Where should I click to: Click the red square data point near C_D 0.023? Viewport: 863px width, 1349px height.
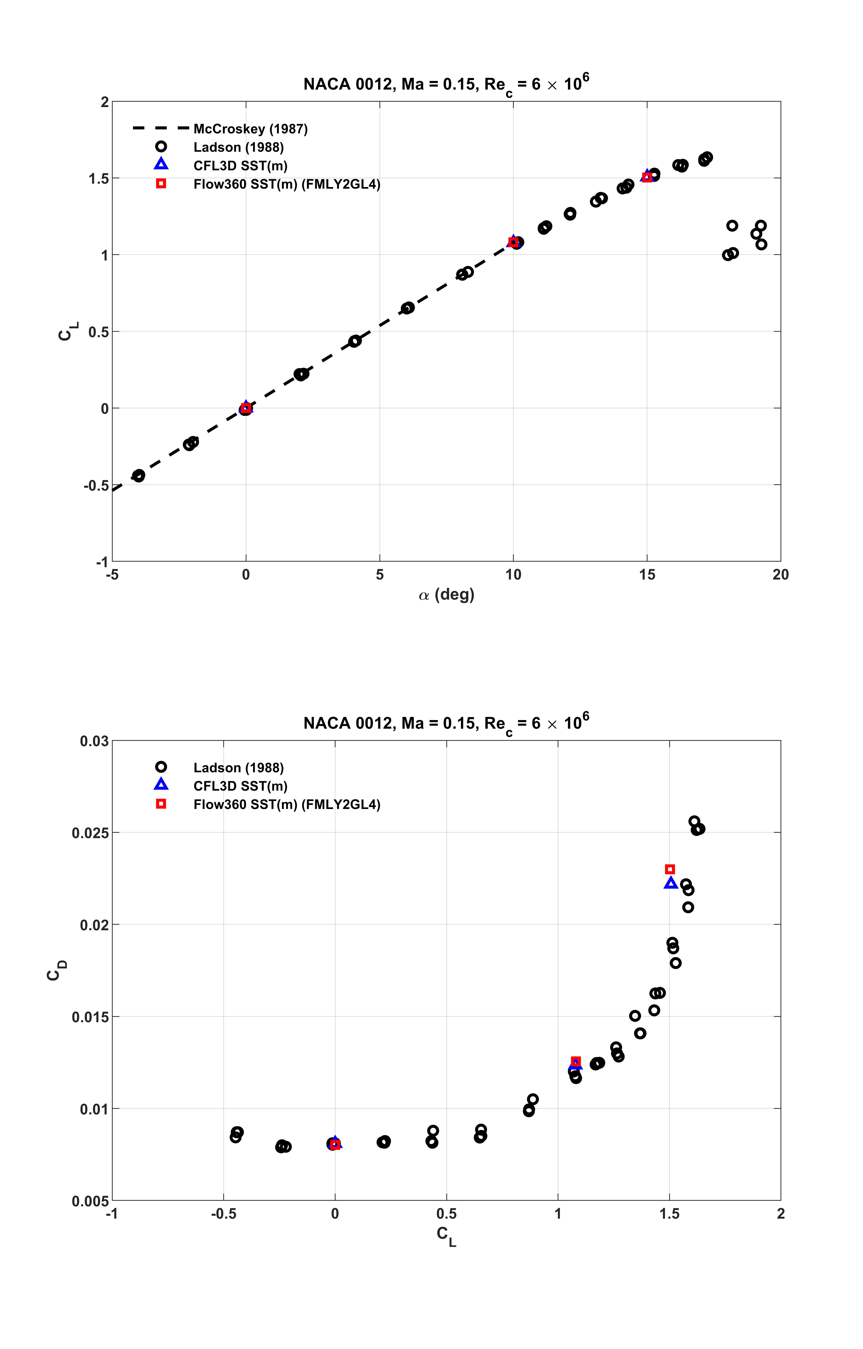tap(670, 869)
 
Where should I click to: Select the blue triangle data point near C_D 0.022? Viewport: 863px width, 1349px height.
tap(671, 883)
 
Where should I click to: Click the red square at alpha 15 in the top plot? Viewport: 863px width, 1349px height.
tap(647, 177)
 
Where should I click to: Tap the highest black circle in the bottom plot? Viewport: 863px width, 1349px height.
tap(694, 821)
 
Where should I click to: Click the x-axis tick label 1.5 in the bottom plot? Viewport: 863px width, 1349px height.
tap(669, 1214)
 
